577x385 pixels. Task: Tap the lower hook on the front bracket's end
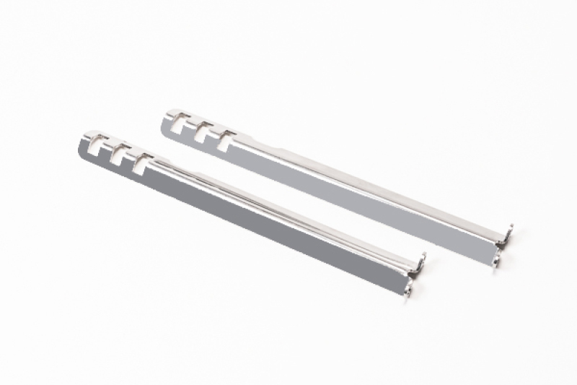[410, 288]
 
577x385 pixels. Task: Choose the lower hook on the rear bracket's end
[498, 261]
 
